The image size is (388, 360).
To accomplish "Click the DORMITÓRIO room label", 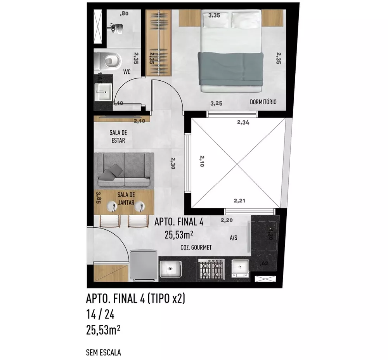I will click(x=263, y=102).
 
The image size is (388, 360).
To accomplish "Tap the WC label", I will click(x=126, y=72).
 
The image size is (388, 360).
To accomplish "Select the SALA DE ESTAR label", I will click(x=118, y=136).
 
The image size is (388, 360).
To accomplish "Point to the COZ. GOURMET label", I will click(x=196, y=247).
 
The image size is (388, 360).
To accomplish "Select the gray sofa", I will click(x=125, y=170).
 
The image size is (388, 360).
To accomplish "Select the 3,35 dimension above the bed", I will click(x=215, y=16).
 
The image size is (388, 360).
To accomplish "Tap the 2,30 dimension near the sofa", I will click(x=173, y=163).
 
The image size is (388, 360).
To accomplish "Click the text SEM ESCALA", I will click(x=103, y=353).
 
